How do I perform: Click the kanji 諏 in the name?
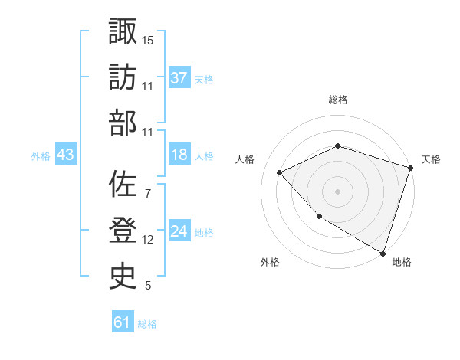tap(123, 32)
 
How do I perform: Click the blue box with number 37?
tap(179, 77)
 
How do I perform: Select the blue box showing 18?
tap(179, 155)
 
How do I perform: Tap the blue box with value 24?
tap(179, 231)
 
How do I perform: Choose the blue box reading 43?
tap(66, 155)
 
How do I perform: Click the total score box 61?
tap(123, 322)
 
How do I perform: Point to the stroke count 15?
tap(149, 39)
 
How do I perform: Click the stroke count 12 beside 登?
tap(148, 240)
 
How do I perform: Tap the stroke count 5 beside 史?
tap(147, 286)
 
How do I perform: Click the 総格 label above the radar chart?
tap(338, 100)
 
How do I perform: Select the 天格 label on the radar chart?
tap(431, 159)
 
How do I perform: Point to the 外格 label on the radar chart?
tap(270, 262)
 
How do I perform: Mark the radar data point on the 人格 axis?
tap(281, 172)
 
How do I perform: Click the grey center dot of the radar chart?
tap(338, 191)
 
